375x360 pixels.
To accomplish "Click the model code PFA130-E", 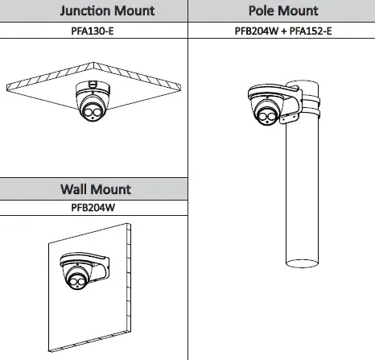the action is (93, 31).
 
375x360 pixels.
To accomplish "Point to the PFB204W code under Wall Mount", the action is (93, 208).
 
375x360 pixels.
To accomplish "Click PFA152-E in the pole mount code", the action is (311, 31).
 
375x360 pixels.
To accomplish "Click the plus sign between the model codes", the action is (284, 31).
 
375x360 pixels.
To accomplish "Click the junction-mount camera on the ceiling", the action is (93, 101).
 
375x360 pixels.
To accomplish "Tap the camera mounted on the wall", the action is (77, 271).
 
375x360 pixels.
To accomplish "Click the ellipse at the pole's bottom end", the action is (302, 263).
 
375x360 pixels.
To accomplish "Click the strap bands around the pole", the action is (311, 107).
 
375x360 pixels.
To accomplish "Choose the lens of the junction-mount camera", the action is (92, 112).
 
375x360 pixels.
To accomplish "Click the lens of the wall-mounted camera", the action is (76, 282).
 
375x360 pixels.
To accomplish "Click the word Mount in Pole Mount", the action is (298, 10).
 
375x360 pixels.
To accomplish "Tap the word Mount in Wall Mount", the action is (110, 189).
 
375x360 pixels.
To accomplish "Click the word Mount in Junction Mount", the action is (132, 11).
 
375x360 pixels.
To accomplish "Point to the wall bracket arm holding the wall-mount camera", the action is (101, 267).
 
